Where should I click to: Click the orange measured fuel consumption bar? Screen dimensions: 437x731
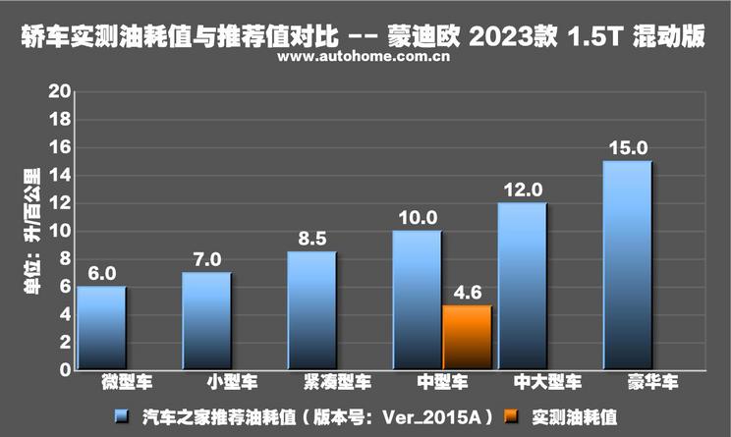(467, 338)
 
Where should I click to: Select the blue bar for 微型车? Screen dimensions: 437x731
(101, 328)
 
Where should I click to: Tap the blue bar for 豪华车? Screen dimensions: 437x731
(626, 265)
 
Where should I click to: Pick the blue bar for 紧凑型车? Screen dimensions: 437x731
(311, 310)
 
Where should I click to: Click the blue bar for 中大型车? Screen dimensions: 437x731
(522, 286)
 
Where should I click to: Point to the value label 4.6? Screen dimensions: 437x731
(467, 293)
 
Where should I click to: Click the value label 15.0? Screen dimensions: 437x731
(627, 148)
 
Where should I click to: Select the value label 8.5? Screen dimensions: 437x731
(311, 239)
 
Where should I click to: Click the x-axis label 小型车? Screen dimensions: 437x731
(206, 380)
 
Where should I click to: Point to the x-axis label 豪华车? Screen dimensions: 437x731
(626, 380)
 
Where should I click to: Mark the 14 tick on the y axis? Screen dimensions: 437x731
(58, 176)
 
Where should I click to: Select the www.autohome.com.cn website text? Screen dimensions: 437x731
(365, 59)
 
